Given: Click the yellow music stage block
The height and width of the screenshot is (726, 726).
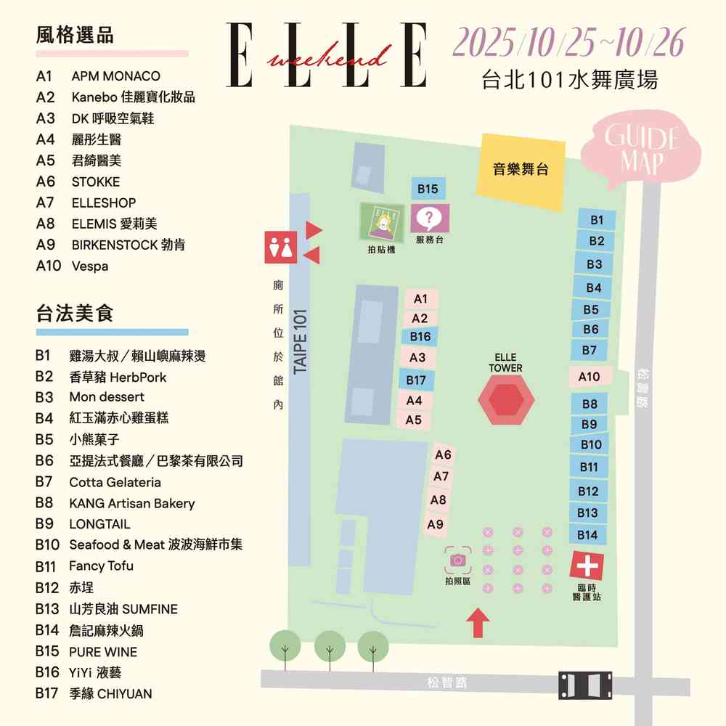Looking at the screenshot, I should pyautogui.click(x=520, y=170).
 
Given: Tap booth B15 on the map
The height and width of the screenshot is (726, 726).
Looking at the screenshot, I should pyautogui.click(x=428, y=189).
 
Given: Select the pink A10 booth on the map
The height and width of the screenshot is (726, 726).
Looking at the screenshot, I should pyautogui.click(x=589, y=377).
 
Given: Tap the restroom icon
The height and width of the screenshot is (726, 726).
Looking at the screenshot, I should pyautogui.click(x=280, y=248).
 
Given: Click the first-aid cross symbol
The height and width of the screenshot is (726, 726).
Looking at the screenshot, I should pyautogui.click(x=587, y=564).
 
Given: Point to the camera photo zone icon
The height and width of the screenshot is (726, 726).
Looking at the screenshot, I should pyautogui.click(x=458, y=560).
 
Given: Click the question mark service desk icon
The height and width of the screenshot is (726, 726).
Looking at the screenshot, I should pyautogui.click(x=430, y=217).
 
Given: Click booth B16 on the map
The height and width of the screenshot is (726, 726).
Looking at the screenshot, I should pyautogui.click(x=420, y=337).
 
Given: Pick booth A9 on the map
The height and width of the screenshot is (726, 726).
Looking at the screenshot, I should pyautogui.click(x=436, y=524).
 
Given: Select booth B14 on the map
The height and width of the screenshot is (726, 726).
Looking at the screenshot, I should pyautogui.click(x=587, y=535).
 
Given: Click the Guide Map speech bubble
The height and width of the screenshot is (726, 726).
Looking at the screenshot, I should pyautogui.click(x=642, y=151).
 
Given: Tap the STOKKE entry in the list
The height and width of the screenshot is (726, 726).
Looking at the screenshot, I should pyautogui.click(x=95, y=181).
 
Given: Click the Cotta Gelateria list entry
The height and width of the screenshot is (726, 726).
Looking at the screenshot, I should pyautogui.click(x=115, y=482).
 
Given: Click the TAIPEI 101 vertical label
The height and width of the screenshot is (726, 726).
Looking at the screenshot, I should pyautogui.click(x=301, y=342).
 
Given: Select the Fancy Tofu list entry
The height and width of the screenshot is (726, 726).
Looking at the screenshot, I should pyautogui.click(x=101, y=566).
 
